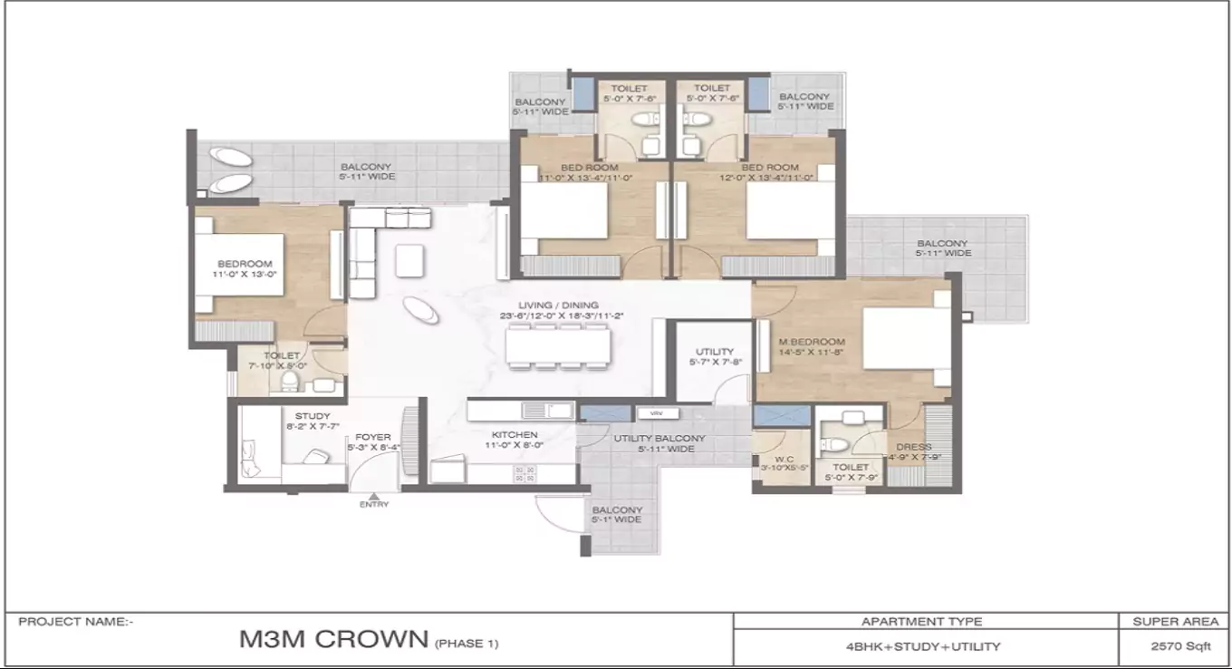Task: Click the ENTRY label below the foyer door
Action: pyautogui.click(x=373, y=504)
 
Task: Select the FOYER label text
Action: pyautogui.click(x=373, y=437)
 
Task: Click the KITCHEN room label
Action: pyautogui.click(x=515, y=435)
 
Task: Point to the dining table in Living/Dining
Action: pyautogui.click(x=556, y=346)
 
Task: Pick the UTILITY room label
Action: pyautogui.click(x=715, y=352)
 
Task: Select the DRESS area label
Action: pyautogui.click(x=913, y=447)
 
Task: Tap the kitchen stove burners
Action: pyautogui.click(x=525, y=472)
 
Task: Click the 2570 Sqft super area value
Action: pyautogui.click(x=1174, y=646)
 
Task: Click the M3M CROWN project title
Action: pyautogui.click(x=333, y=639)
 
